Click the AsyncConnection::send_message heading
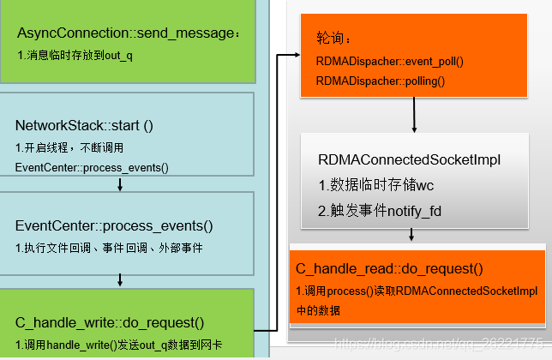[129, 33]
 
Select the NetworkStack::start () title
[84, 125]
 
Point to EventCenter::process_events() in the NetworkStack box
[92, 166]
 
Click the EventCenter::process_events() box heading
[114, 226]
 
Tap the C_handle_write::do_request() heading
[110, 322]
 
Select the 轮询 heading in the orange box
[333, 39]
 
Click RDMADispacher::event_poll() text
[389, 62]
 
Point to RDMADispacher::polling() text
[380, 81]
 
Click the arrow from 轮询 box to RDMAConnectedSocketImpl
[415, 114]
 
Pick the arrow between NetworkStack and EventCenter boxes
[120, 183]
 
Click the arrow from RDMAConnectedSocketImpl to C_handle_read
[412, 234]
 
